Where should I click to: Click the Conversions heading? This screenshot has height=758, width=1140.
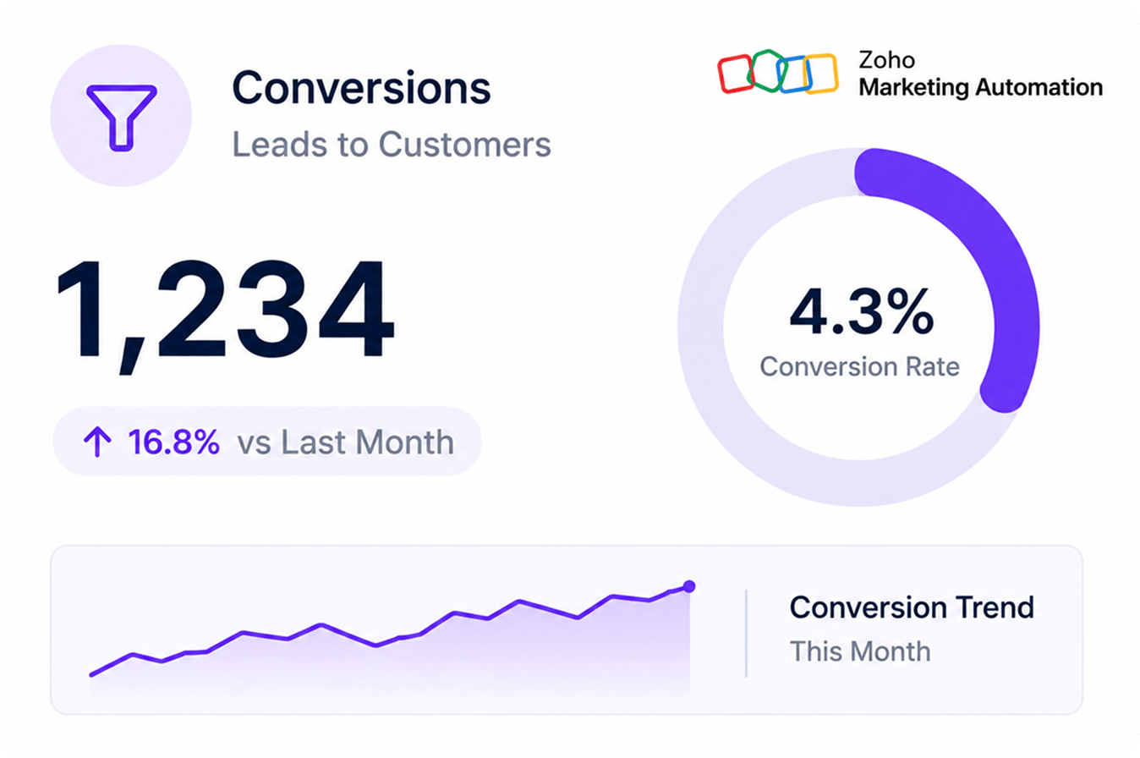(x=361, y=88)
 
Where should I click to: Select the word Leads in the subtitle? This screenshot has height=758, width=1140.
(x=279, y=144)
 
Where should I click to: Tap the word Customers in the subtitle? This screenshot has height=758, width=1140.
(x=464, y=144)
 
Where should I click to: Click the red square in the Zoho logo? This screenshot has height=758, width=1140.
(x=735, y=74)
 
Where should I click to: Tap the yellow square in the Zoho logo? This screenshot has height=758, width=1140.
(x=820, y=74)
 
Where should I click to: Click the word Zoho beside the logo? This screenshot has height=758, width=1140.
(x=886, y=60)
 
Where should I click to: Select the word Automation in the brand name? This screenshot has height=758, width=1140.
(x=1039, y=87)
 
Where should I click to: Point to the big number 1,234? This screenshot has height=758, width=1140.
(x=225, y=316)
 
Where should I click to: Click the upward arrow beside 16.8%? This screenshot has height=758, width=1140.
(x=97, y=442)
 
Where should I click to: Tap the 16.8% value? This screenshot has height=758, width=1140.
(x=173, y=442)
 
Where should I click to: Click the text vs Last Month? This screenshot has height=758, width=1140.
(x=345, y=442)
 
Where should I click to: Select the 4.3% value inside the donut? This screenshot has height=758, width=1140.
(x=862, y=311)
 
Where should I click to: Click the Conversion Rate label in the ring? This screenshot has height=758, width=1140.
(x=859, y=366)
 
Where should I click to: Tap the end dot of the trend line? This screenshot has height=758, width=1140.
(x=689, y=586)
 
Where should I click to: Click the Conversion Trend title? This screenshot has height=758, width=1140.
(x=912, y=607)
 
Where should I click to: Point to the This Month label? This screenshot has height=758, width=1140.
(x=860, y=651)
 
